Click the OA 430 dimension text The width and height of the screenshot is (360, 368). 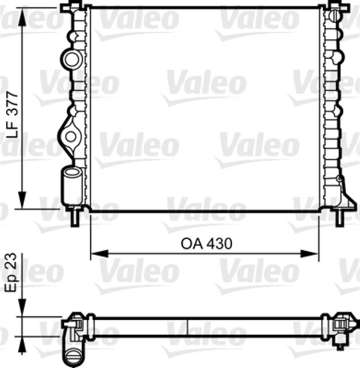(206, 244)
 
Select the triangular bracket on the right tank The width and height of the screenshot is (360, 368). (344, 195)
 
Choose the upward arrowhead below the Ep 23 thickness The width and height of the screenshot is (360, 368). (22, 342)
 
